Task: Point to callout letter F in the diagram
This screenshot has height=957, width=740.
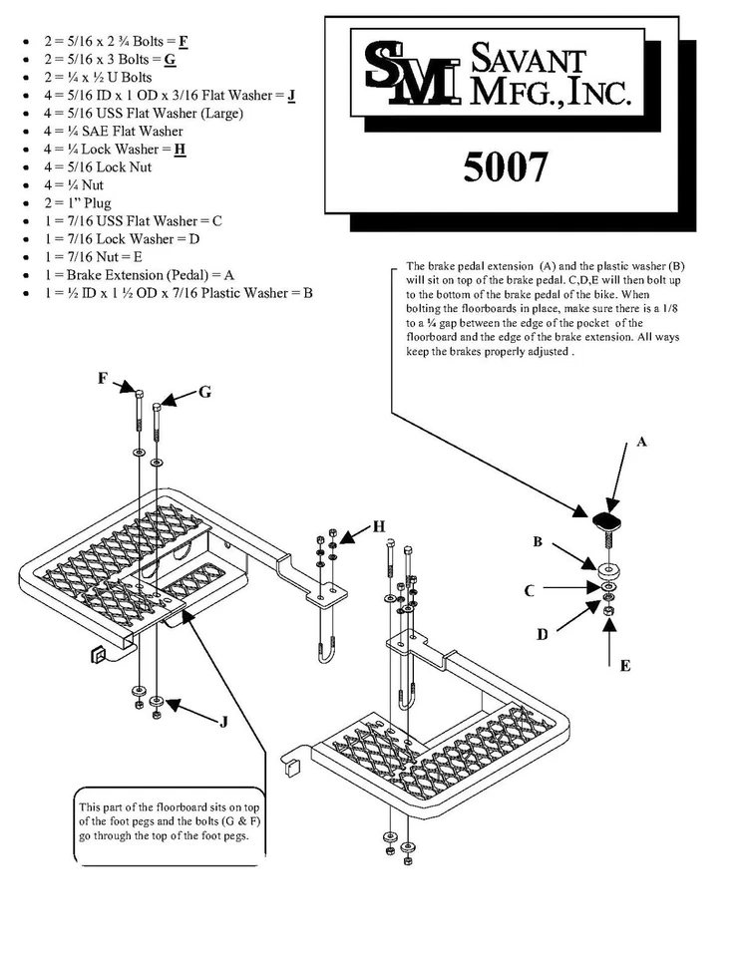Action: click(x=102, y=378)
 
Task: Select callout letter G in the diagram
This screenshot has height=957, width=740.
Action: click(x=204, y=393)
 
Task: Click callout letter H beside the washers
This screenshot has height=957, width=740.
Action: click(x=379, y=526)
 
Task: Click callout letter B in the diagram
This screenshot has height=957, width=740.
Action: click(x=537, y=542)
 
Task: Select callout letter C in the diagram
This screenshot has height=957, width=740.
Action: click(x=530, y=590)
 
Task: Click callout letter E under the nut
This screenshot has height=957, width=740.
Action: click(x=624, y=666)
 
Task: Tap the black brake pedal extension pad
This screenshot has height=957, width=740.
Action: click(x=604, y=520)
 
